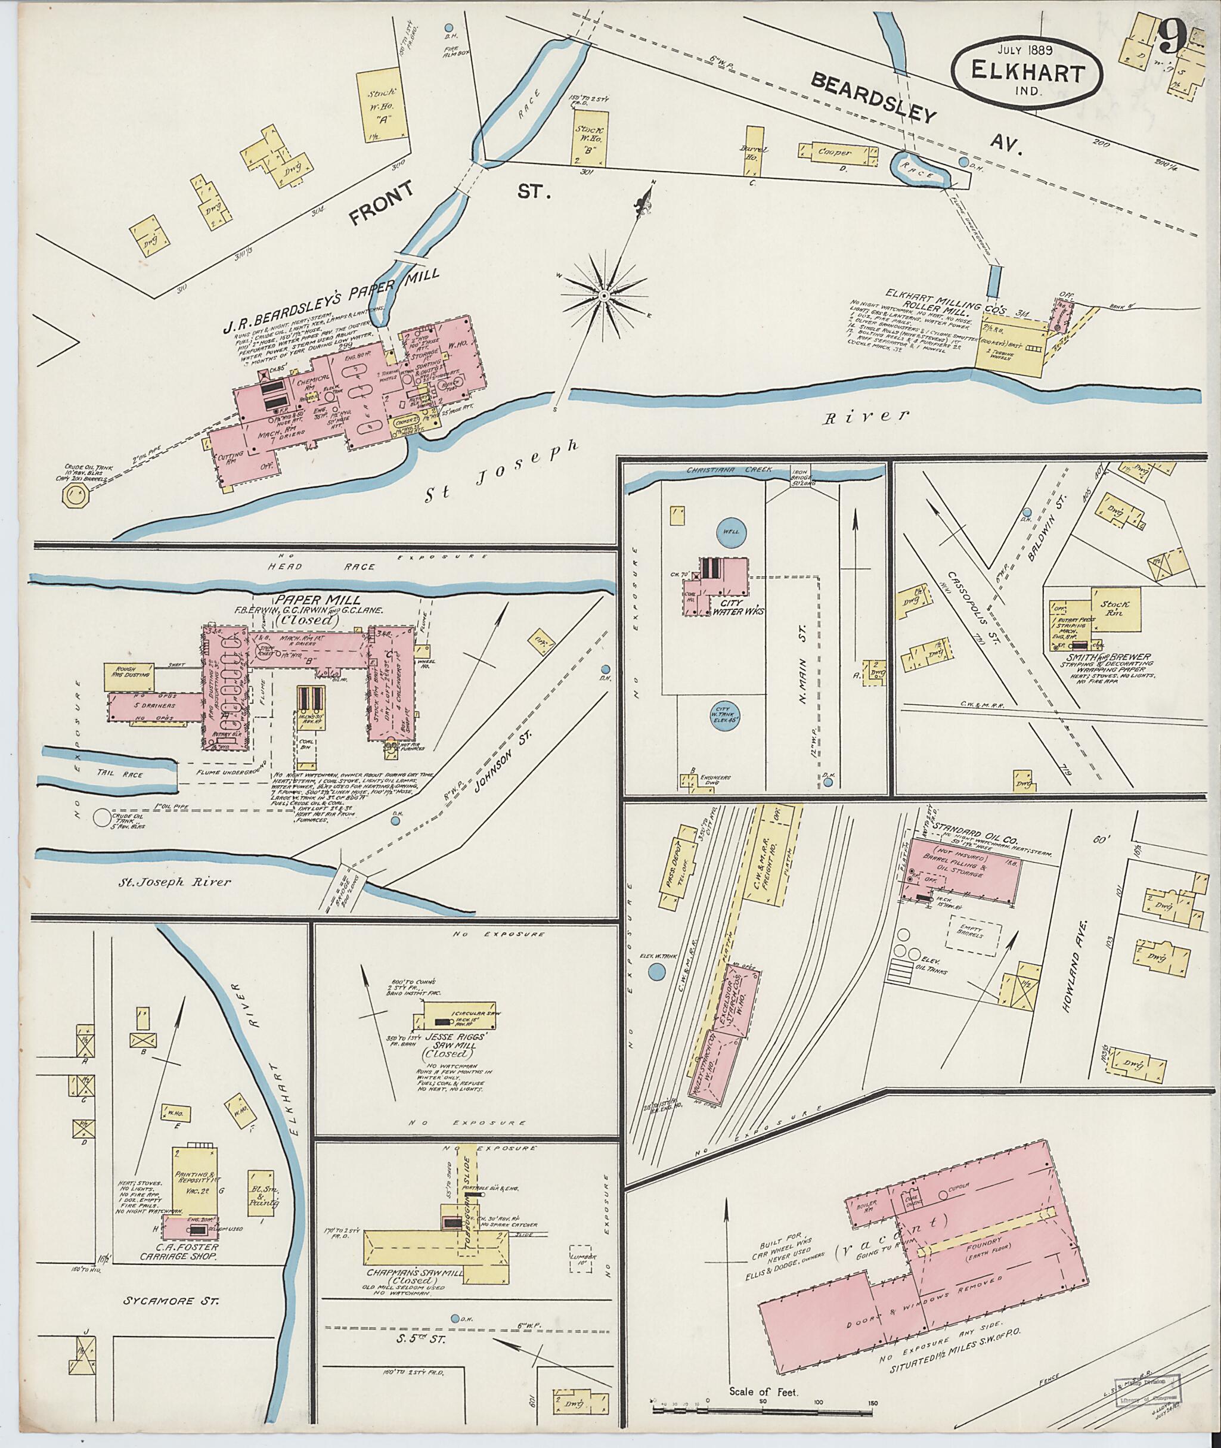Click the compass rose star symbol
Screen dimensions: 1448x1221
point(603,296)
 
